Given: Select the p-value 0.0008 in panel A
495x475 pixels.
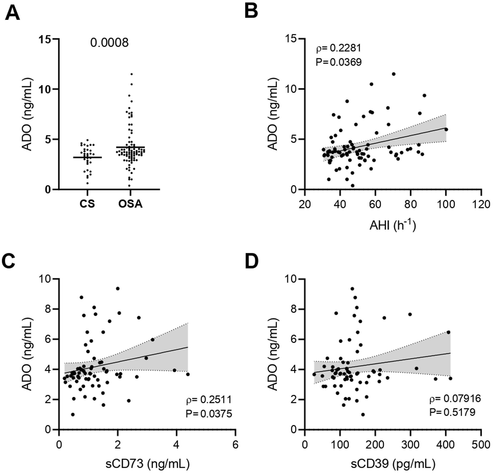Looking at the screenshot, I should click(109, 43).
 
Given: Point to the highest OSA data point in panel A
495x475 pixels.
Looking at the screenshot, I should click(131, 74).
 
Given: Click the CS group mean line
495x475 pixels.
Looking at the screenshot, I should click(87, 157).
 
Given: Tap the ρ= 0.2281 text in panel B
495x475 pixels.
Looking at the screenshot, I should click(339, 48).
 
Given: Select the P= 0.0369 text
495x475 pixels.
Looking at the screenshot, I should click(339, 62).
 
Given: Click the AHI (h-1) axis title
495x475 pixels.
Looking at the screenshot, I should click(392, 226).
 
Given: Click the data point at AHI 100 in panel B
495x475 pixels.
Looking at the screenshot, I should click(446, 129).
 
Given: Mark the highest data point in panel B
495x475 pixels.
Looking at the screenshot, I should click(393, 74).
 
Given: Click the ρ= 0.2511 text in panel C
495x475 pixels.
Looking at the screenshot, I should click(209, 400).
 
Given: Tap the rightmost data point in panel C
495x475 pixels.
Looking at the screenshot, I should click(188, 374).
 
